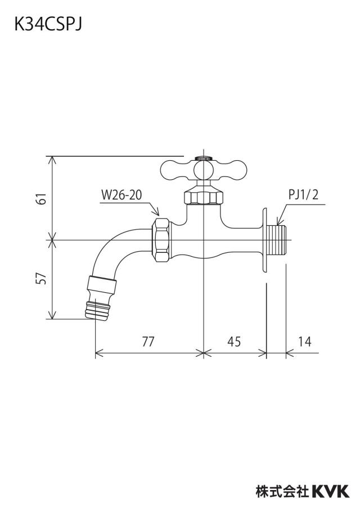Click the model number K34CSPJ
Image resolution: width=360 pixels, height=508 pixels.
coord(48,25)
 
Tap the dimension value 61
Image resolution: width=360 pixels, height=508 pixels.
coord(42,198)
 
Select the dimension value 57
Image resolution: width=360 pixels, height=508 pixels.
coord(42,278)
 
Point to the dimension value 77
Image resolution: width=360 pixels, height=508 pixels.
coord(148,341)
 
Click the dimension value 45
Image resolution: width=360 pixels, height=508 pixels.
coord(234,341)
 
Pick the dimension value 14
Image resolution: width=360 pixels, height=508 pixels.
coord(304,341)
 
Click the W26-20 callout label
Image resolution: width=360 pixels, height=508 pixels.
coord(121,195)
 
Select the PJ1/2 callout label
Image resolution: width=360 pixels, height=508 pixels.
coord(304,195)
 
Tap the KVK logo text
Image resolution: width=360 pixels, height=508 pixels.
coord(331,491)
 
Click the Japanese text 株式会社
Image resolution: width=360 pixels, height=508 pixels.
coord(282,491)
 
